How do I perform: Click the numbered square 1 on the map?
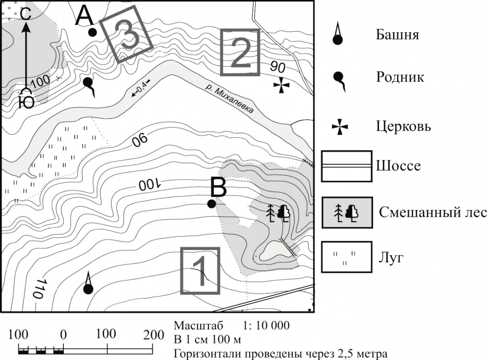(x=200, y=271)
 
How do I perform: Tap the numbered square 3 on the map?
(x=127, y=35)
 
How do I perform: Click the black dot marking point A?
(x=92, y=32)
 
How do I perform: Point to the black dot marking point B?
(x=211, y=204)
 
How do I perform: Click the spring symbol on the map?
(x=88, y=84)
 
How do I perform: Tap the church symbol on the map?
(x=281, y=85)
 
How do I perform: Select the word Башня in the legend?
(x=397, y=35)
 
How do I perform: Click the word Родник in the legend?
(x=400, y=77)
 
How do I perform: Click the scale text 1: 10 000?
(x=265, y=325)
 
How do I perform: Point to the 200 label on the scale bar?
(x=154, y=335)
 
